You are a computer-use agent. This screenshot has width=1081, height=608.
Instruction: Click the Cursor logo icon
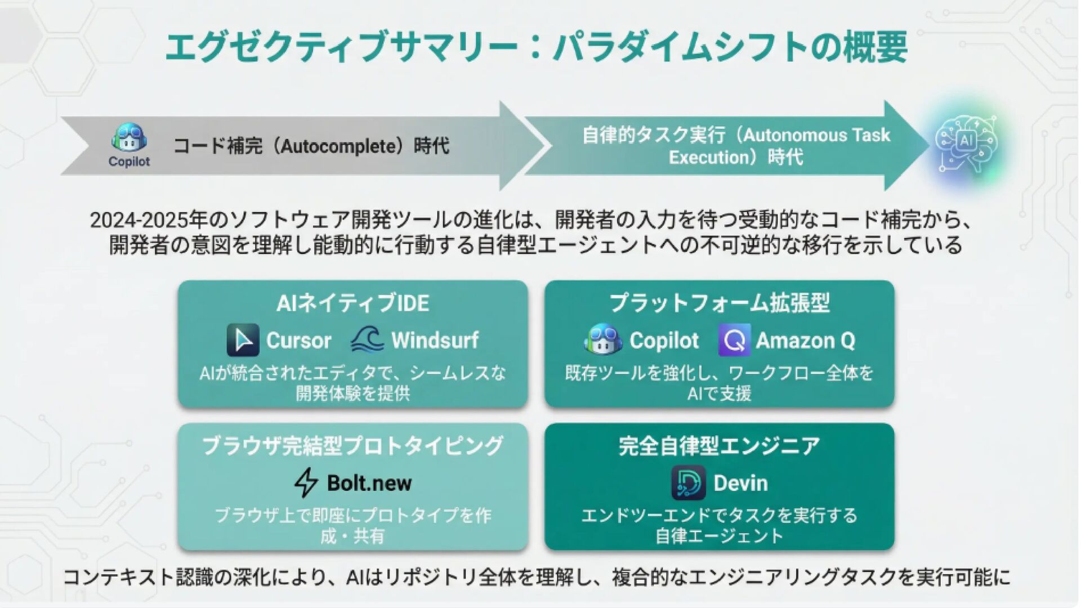243,340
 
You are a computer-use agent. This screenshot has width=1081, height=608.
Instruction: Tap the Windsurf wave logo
367,340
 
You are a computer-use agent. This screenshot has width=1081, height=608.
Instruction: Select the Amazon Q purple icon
734,340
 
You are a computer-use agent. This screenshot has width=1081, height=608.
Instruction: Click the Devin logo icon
688,483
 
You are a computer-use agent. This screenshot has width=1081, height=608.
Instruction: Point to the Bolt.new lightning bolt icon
306,483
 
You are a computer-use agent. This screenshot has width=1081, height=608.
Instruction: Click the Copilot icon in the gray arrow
129,138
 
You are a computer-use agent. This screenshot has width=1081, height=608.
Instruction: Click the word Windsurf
435,340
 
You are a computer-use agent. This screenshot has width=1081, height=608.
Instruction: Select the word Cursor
298,340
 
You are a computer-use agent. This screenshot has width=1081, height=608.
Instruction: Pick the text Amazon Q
805,340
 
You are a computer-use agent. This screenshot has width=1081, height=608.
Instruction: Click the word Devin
740,483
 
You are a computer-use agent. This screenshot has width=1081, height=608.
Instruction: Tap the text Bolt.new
369,483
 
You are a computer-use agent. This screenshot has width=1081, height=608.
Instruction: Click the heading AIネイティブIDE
352,303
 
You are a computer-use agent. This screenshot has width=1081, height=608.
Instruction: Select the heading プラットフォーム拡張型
719,303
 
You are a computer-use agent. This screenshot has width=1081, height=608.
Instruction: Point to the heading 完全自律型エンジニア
719,446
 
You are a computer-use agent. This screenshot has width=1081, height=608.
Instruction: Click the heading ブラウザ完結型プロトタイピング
352,446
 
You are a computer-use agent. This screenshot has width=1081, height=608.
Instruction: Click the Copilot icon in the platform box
603,340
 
